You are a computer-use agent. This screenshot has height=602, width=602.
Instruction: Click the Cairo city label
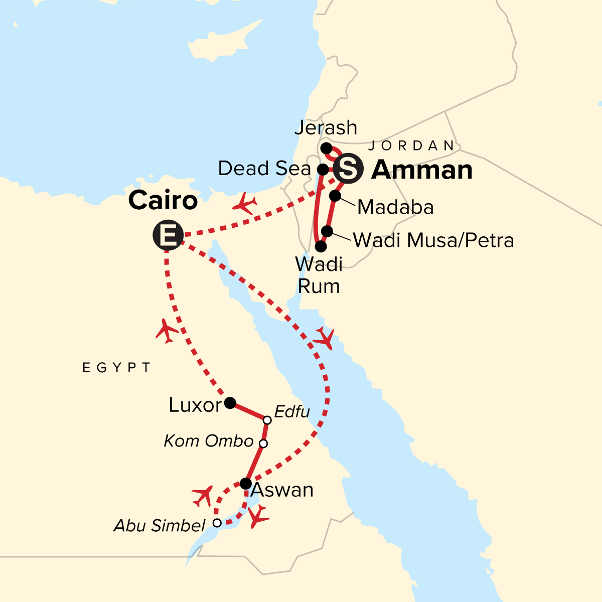[x=163, y=201]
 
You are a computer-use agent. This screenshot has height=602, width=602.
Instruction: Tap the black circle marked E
[x=168, y=235]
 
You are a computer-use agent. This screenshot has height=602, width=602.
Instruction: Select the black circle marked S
[x=349, y=169]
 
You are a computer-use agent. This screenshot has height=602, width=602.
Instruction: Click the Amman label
[x=422, y=170]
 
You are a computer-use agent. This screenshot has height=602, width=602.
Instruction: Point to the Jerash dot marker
[x=326, y=148]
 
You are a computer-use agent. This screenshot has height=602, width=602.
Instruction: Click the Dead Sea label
[x=264, y=169]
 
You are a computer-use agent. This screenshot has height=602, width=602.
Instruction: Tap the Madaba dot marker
[x=335, y=196]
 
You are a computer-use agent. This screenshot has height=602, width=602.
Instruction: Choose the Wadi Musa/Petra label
[x=433, y=241]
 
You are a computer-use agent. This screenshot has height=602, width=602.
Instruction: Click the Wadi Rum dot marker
[x=321, y=246]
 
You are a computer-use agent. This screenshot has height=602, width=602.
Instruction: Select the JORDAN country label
[x=411, y=146]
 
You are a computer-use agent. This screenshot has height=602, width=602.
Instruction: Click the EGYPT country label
[x=116, y=368]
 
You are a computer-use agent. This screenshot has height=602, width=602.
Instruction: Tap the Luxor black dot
[x=230, y=402]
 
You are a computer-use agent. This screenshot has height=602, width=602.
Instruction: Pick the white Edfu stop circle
[x=267, y=420]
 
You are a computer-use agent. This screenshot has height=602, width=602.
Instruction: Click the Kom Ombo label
[x=208, y=441]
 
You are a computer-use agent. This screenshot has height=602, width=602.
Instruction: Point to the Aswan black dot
[x=245, y=484]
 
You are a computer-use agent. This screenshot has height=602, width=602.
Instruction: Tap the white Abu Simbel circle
[x=217, y=523]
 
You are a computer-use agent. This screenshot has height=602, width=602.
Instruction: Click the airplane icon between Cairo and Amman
[x=245, y=204]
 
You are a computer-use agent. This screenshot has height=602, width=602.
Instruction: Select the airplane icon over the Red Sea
[x=324, y=339]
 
